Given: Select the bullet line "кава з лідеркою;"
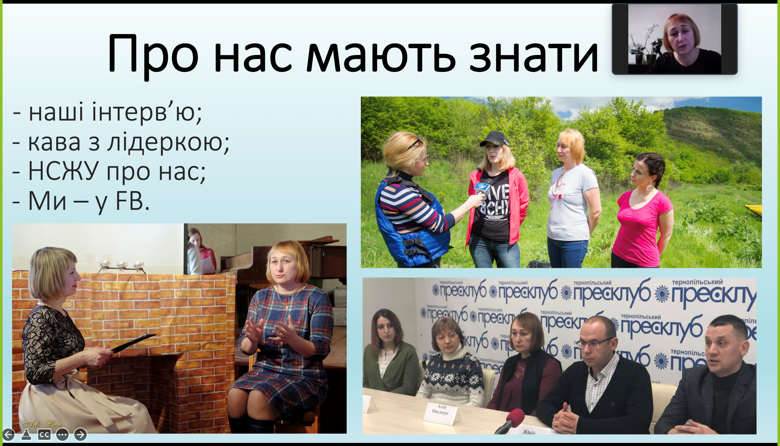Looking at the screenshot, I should (x=121, y=142).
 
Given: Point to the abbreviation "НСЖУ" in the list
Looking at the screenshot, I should (x=62, y=172).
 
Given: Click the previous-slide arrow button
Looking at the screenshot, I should (x=9, y=434).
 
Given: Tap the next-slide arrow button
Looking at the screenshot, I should (x=80, y=434).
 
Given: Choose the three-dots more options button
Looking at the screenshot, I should (x=62, y=434).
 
